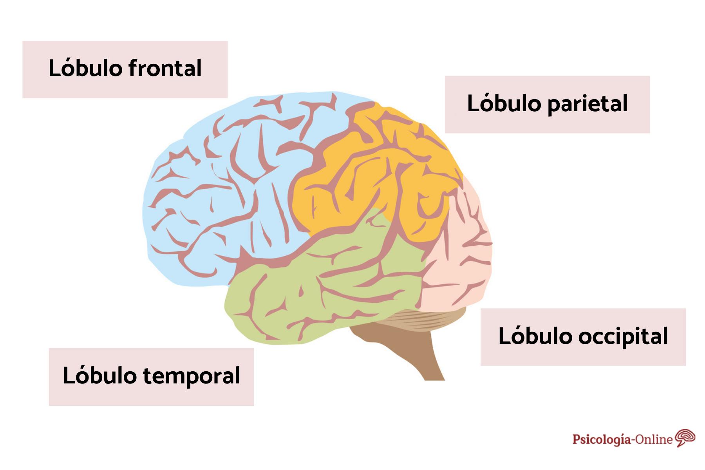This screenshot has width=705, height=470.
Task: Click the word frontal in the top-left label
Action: [x=164, y=68]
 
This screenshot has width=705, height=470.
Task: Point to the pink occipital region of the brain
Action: [x=462, y=255]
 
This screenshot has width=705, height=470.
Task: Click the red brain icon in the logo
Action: [x=685, y=438]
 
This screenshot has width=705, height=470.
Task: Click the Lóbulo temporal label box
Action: [x=151, y=377]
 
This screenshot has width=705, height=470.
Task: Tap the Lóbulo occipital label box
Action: [x=583, y=337]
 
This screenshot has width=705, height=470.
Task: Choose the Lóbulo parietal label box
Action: [x=547, y=105]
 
